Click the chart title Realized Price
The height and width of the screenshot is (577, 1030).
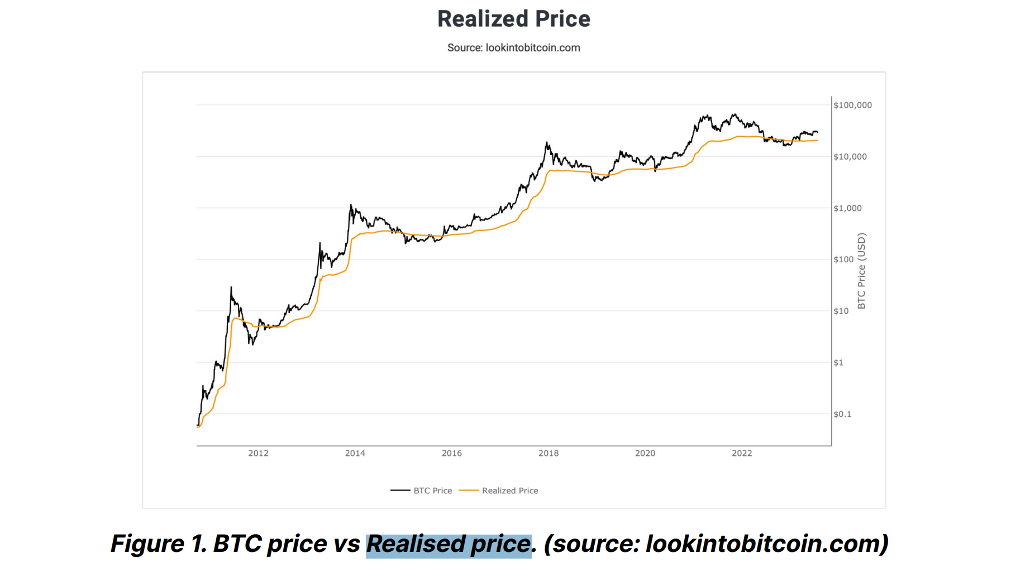click(513, 19)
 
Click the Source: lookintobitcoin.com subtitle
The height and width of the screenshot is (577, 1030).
click(513, 48)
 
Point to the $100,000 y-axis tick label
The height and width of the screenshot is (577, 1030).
click(852, 105)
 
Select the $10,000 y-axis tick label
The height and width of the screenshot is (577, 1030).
click(850, 157)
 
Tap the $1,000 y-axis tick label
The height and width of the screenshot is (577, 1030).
click(847, 208)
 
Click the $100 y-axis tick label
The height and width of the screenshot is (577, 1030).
click(843, 259)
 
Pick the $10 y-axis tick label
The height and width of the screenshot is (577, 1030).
click(841, 311)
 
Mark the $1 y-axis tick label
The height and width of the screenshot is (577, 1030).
click(838, 363)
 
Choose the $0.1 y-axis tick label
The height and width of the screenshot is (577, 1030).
click(842, 414)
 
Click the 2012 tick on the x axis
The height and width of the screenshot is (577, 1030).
click(258, 453)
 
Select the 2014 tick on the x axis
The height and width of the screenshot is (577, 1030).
click(355, 453)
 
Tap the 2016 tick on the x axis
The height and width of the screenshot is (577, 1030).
click(451, 453)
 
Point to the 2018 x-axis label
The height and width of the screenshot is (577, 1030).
click(548, 453)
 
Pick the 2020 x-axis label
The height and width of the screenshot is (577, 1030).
click(645, 453)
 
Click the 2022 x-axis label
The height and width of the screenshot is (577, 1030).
click(742, 453)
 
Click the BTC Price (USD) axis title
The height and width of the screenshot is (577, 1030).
click(861, 271)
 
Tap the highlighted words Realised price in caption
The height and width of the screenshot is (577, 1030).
click(449, 544)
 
